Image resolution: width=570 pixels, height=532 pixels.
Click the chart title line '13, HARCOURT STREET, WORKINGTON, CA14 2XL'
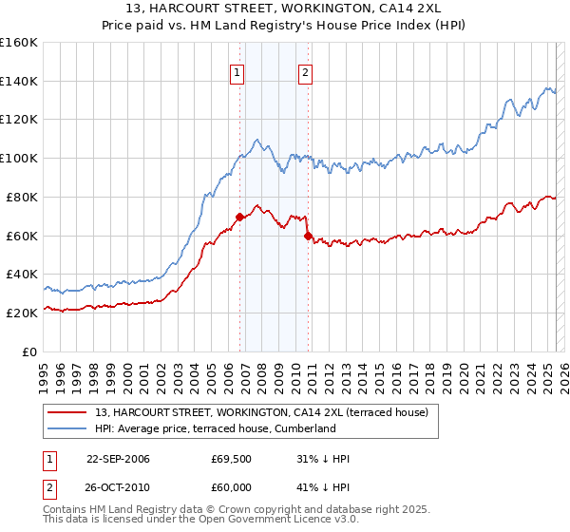click(285, 9)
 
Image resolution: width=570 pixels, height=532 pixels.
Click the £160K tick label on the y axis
click(19, 43)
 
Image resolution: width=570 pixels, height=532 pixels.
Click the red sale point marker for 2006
click(240, 218)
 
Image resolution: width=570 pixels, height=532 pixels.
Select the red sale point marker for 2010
click(309, 236)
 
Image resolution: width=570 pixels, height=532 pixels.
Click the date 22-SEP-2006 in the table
click(118, 459)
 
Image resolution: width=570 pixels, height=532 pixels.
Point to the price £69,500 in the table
click(232, 459)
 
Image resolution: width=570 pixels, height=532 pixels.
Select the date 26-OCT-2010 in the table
click(118, 485)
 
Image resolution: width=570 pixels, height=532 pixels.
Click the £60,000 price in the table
click(232, 485)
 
